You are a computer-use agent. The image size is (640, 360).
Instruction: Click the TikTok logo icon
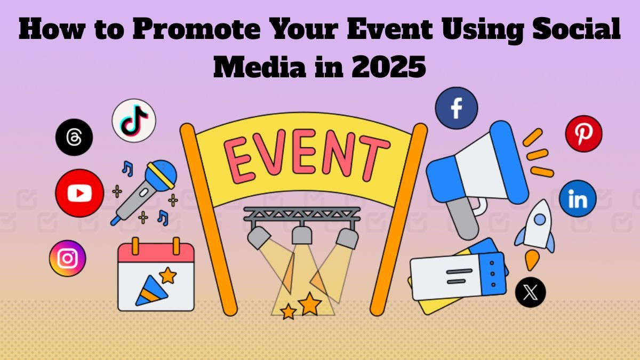coord(134,121)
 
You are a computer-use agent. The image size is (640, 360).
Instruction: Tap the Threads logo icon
coord(74,137)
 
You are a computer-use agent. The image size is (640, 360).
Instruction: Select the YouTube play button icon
coord(79,193)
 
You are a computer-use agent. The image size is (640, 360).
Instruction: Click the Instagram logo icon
coord(67,258)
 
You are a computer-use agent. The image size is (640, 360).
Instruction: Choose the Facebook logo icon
coord(457,108)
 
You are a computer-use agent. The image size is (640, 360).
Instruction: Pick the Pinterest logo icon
coord(583,134)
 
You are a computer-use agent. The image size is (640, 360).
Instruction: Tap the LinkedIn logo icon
coord(578,198)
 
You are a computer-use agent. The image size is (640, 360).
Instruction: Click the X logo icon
coord(530,292)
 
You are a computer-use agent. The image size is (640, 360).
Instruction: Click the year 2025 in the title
coord(389,67)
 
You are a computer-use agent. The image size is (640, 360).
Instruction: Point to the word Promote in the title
coord(196,29)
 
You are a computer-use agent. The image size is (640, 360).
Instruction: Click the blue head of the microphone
coord(161,175)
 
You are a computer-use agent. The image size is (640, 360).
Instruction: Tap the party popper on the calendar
coord(151,291)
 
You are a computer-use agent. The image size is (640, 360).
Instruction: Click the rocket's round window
coord(539,219)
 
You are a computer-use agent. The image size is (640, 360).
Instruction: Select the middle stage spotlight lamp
coord(302,234)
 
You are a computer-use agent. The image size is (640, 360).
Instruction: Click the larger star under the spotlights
coord(310,303)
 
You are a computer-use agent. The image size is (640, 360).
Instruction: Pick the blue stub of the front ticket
coord(493,274)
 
